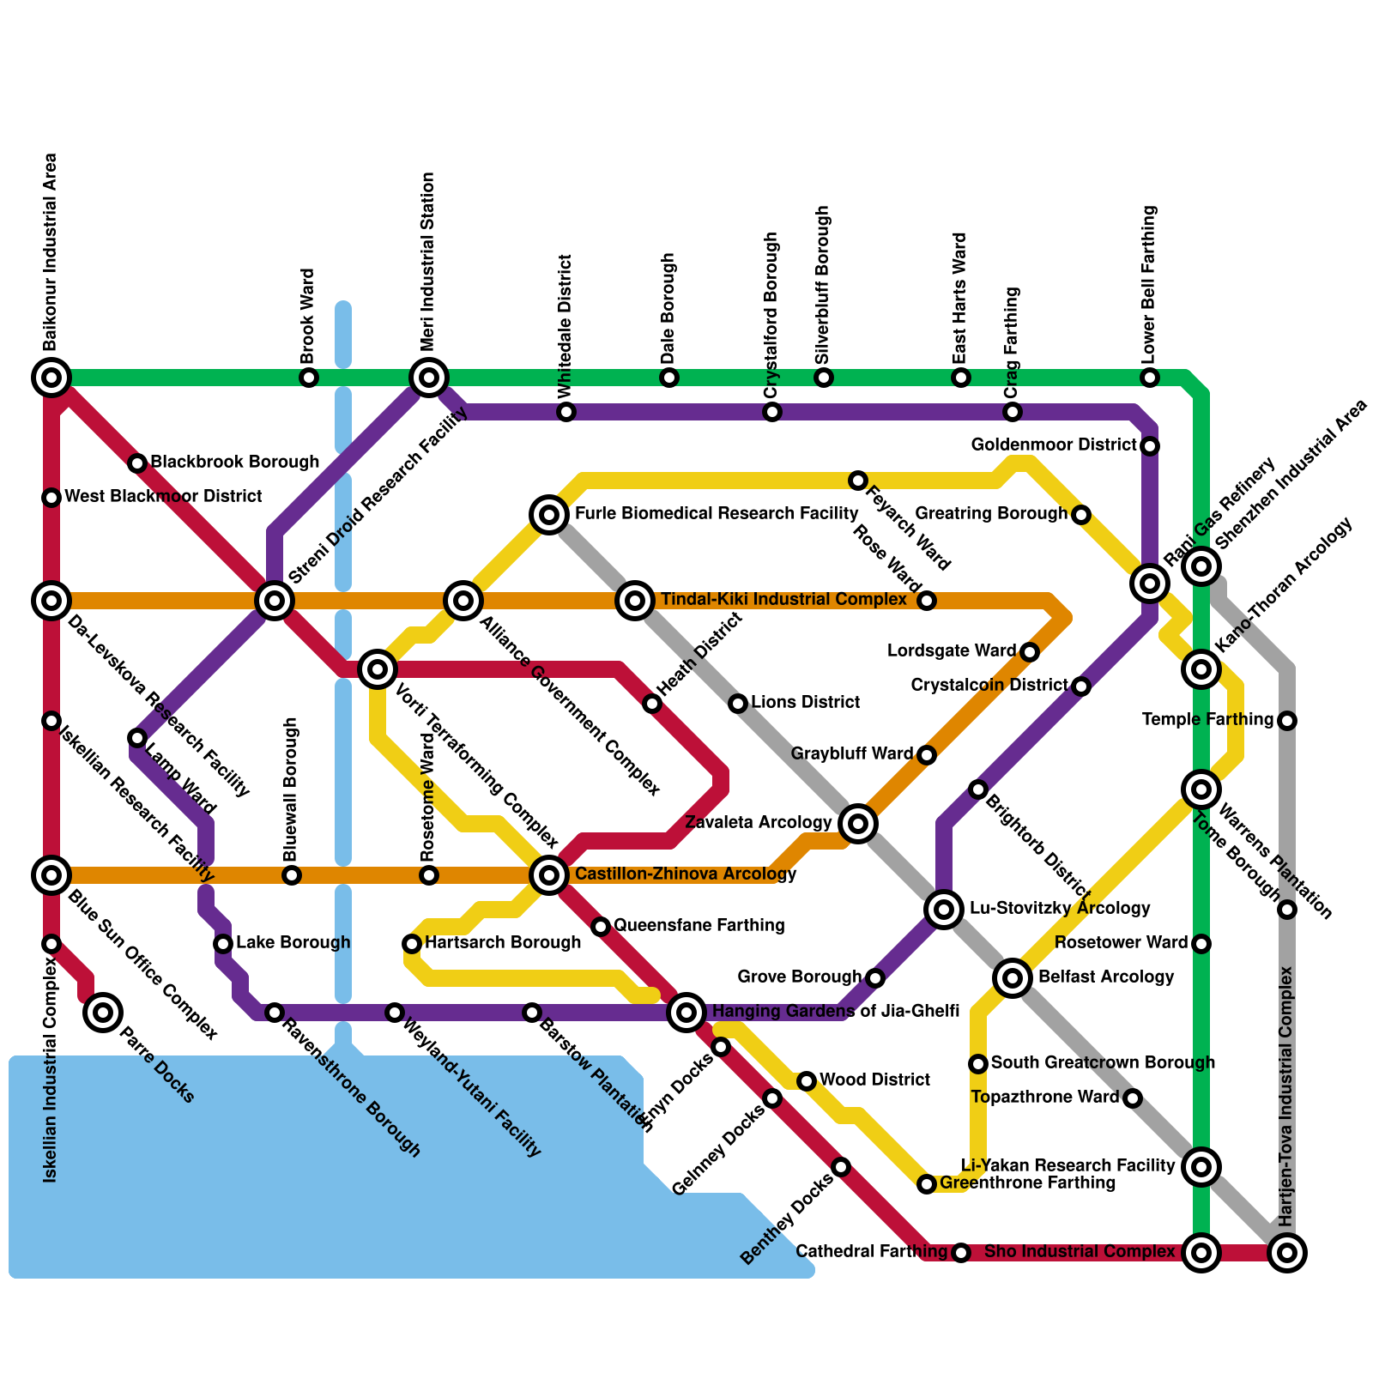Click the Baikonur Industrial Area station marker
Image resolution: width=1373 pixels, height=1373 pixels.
tap(51, 377)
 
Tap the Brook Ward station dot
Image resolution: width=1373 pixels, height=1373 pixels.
tap(309, 378)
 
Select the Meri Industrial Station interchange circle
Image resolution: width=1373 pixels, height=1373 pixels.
tap(429, 377)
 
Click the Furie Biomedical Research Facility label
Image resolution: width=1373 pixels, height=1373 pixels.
tap(716, 514)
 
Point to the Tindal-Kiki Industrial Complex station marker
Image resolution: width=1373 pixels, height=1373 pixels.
tap(635, 601)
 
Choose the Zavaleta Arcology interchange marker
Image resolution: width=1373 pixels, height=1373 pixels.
tap(858, 824)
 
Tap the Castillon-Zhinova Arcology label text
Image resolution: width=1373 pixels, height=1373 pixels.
tap(686, 874)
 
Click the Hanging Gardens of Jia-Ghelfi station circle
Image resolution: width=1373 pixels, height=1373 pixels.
tap(686, 1013)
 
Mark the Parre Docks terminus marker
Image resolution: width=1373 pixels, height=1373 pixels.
tap(103, 1013)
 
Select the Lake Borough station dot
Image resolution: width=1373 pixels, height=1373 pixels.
tap(223, 944)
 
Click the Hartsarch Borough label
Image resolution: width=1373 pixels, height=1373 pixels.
tap(503, 943)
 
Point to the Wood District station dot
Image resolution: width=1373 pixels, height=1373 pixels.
tap(807, 1081)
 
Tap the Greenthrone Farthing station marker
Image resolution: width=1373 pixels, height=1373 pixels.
tap(927, 1184)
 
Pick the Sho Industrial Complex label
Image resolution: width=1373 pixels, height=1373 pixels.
tap(1079, 1252)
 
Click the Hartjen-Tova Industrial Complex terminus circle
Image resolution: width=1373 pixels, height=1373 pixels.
tap(1287, 1253)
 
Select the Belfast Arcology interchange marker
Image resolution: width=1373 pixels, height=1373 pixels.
tap(1013, 977)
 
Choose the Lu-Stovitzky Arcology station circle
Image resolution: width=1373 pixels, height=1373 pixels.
tap(944, 909)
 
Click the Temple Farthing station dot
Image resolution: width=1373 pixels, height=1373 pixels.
tap(1287, 721)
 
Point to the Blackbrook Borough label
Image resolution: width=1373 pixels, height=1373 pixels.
tap(234, 463)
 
